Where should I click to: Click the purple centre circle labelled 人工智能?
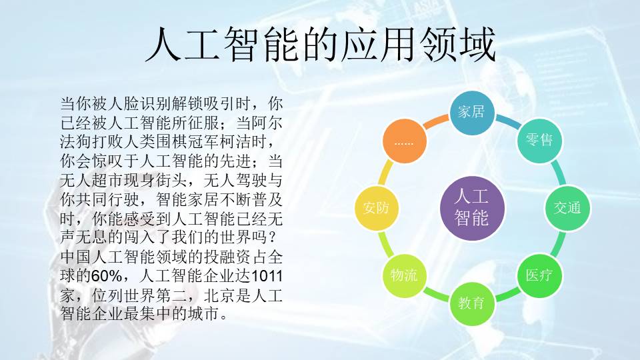[x=472, y=208]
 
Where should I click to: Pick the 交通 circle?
[x=567, y=208]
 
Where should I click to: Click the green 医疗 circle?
[x=539, y=275]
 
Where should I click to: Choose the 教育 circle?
[x=472, y=303]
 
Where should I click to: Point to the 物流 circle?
[x=404, y=275]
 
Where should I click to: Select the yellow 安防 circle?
[x=376, y=208]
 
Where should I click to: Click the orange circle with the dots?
[x=404, y=141]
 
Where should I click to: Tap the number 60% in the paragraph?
[x=107, y=276]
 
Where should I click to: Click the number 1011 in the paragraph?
[x=267, y=276]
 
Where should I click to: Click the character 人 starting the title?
[x=164, y=45]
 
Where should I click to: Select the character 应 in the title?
[x=359, y=45]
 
